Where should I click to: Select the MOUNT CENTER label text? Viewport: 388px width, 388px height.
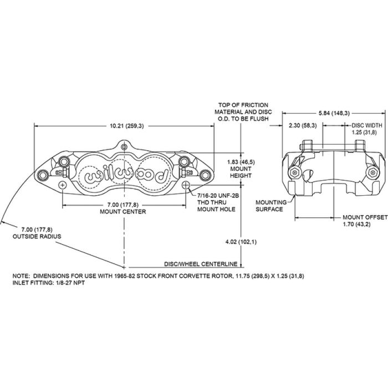[123, 211]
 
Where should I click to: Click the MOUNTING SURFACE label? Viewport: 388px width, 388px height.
[270, 206]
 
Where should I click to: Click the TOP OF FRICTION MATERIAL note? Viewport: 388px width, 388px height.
[243, 111]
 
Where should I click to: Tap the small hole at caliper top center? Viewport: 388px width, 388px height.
[125, 146]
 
